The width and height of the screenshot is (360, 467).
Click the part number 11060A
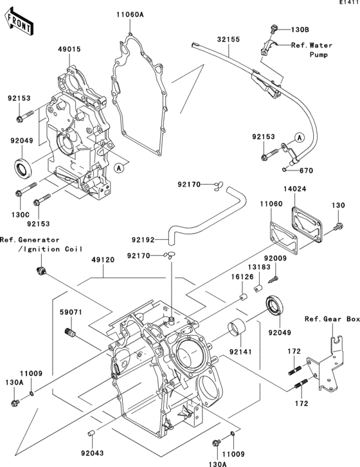130,14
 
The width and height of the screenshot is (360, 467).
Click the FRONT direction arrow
20,25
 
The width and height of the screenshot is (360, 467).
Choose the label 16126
242,276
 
